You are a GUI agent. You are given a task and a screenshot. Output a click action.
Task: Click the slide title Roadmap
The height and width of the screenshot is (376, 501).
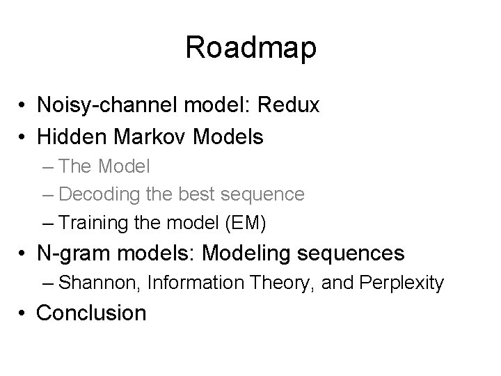click(250, 47)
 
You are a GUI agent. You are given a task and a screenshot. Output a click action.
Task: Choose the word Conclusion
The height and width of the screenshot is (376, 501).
click(91, 313)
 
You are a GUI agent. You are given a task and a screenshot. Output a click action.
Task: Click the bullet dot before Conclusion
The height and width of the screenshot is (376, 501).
click(23, 313)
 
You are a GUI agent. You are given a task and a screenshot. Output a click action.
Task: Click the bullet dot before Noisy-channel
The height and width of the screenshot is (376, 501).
click(23, 107)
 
